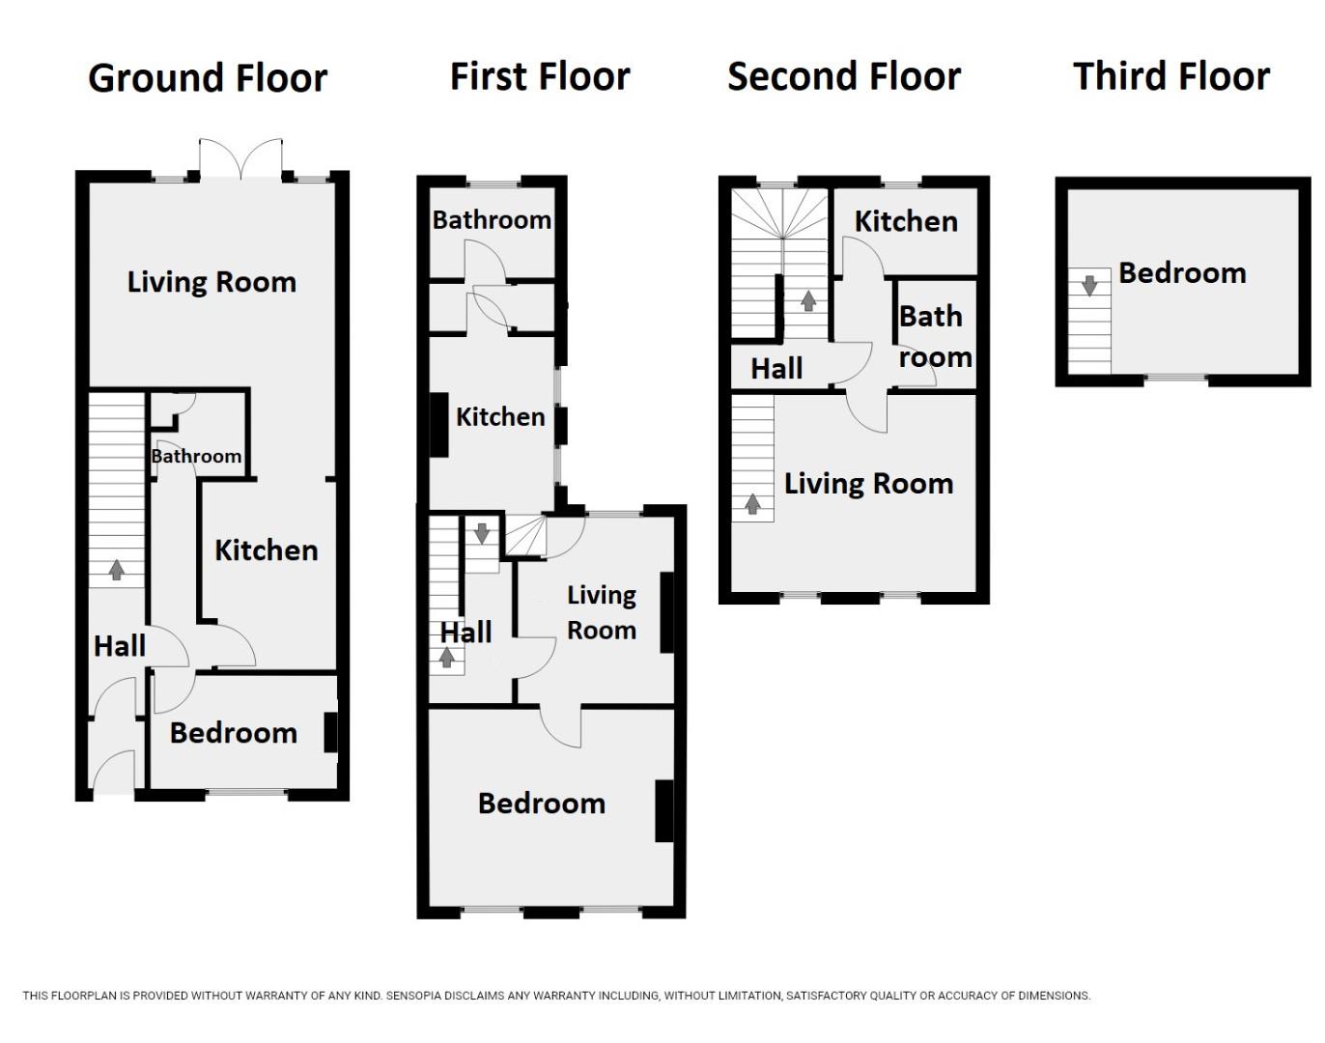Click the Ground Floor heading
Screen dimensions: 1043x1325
(x=208, y=78)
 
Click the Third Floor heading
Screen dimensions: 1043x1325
(x=1171, y=76)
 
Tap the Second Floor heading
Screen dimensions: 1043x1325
(x=844, y=76)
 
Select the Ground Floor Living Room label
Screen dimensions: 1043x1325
(x=211, y=282)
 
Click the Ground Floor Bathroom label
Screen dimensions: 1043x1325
(x=196, y=456)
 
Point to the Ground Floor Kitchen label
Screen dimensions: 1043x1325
(x=266, y=550)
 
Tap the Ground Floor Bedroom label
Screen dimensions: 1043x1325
(x=233, y=733)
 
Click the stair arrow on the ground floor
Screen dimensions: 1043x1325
(x=117, y=570)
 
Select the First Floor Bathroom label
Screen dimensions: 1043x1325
(x=492, y=220)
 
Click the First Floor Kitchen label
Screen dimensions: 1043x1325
(x=500, y=417)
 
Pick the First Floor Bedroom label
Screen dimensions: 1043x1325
(x=541, y=803)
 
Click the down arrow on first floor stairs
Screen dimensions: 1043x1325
(x=482, y=532)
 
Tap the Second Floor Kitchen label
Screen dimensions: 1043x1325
(x=906, y=221)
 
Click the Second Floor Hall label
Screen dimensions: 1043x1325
(x=776, y=368)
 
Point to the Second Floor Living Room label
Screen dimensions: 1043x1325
(x=868, y=484)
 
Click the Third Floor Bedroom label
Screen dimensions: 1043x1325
(x=1182, y=273)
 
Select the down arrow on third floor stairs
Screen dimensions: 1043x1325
(x=1089, y=285)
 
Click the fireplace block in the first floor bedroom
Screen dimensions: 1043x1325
(x=664, y=810)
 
